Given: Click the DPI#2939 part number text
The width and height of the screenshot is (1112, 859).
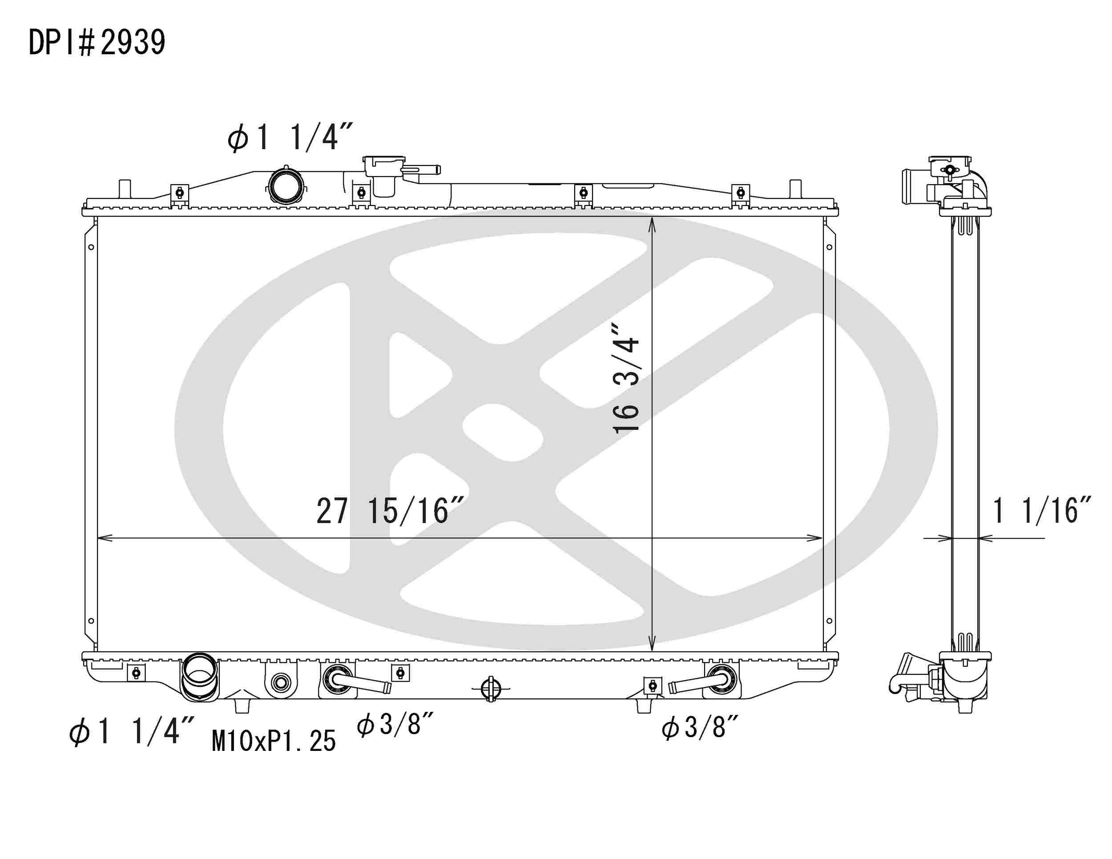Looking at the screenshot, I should coord(97,42).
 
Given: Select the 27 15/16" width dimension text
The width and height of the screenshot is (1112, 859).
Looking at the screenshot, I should coord(390,511).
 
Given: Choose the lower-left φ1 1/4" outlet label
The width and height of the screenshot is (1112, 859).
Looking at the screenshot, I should coord(132,732).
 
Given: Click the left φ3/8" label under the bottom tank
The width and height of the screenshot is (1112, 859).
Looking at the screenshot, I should coord(395,724).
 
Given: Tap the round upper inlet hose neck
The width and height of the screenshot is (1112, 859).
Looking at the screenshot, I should coord(286,186).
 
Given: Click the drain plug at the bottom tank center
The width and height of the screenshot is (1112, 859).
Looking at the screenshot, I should coord(490,689).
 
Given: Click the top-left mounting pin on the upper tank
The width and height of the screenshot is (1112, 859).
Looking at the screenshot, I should coord(125,189).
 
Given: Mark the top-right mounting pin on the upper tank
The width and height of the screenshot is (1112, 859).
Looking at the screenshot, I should coord(795,189).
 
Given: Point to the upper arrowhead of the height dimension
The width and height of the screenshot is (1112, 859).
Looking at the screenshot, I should coord(652,224).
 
